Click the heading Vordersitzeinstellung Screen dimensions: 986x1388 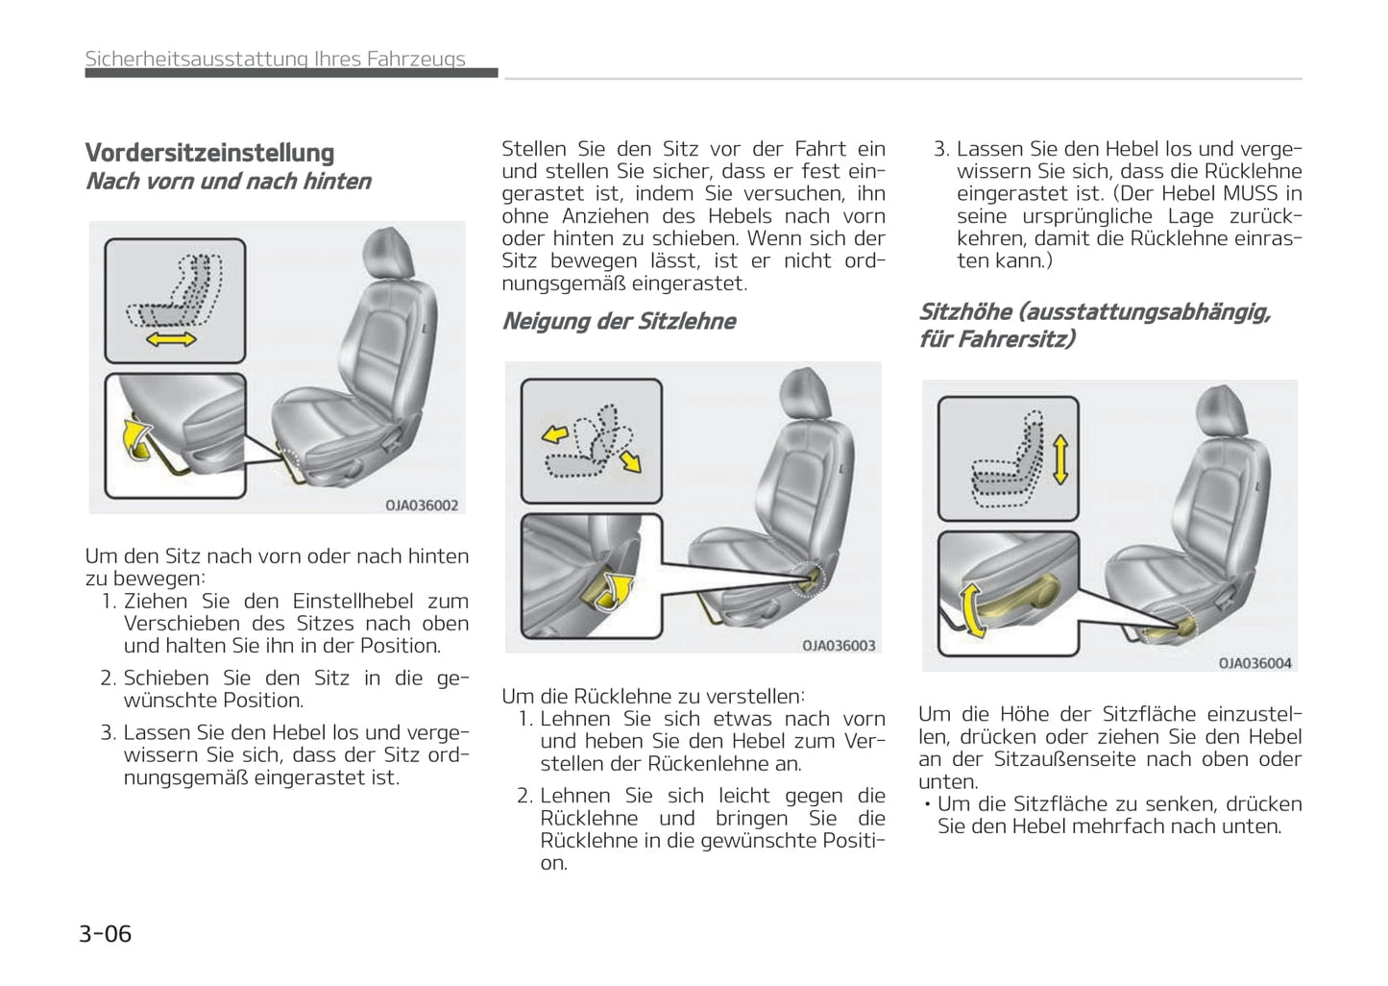pos(209,153)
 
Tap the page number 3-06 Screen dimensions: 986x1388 pos(105,933)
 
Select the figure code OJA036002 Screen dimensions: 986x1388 pos(422,505)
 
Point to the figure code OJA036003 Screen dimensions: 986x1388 pos(839,646)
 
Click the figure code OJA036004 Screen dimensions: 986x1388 pos(1254,663)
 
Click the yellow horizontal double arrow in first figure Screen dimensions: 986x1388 pos(172,339)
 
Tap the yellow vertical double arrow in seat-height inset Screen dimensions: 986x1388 pos(1059,459)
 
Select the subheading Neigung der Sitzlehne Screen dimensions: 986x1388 pos(619,321)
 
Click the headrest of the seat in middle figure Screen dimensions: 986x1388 pos(804,393)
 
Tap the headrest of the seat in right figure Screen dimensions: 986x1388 pos(1221,411)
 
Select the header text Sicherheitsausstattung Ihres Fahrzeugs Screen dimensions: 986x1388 pos(275,59)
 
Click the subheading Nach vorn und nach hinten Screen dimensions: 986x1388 pos(228,182)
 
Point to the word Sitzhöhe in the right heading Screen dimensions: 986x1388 pos(964,312)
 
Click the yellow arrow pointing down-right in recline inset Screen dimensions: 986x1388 pos(630,462)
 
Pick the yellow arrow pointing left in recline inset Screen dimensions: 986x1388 pos(554,434)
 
